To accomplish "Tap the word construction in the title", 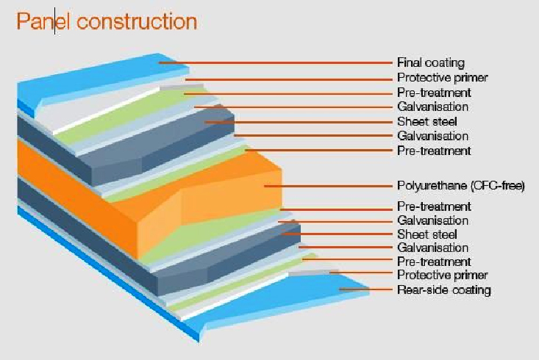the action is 137,21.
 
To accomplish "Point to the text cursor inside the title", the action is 54,23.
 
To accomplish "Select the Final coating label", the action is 431,62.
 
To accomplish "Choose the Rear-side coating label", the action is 444,290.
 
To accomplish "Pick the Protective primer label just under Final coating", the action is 443,78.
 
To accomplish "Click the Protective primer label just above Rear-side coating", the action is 443,276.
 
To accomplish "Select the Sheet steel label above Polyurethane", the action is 427,122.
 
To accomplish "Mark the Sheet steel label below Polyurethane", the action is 427,234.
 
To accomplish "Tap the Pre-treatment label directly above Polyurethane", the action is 434,151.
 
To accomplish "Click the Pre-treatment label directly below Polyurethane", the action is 434,206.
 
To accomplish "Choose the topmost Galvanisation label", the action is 432,107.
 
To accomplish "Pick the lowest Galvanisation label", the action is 432,248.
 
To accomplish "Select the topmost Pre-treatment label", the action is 434,93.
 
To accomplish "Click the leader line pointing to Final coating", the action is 276,63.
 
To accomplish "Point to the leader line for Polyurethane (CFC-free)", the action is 328,186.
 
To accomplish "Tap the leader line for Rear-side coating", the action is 365,289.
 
